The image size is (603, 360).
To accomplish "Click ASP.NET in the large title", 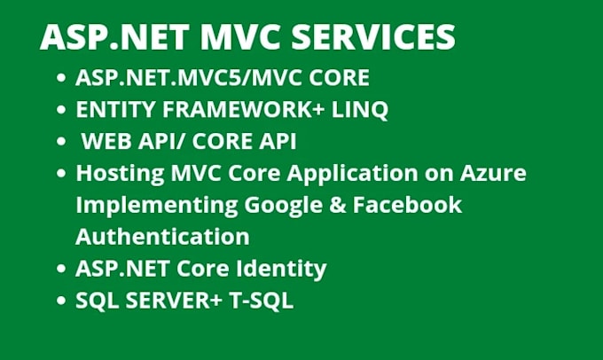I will click(98, 37).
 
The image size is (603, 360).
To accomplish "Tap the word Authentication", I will click(162, 237).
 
